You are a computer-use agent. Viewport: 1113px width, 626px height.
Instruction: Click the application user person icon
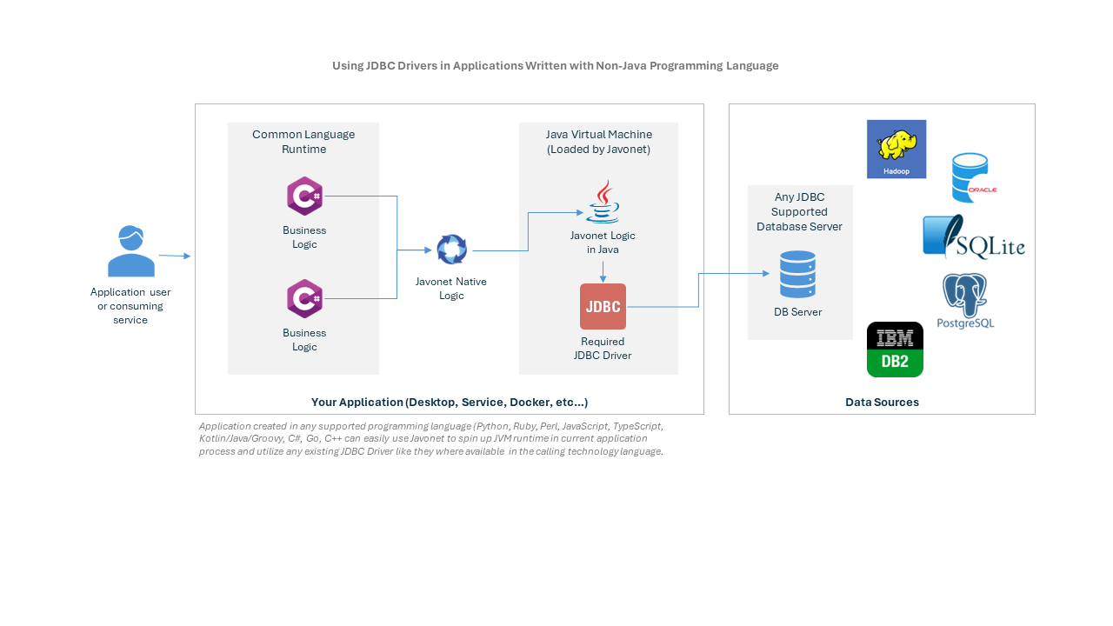[131, 251]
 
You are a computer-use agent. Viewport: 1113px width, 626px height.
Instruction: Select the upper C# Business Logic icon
[304, 196]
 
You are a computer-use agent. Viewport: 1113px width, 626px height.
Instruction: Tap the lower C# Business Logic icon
[304, 298]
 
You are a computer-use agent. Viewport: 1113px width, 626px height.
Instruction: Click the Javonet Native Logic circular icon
[452, 250]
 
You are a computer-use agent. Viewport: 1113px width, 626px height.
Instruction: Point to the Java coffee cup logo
[603, 203]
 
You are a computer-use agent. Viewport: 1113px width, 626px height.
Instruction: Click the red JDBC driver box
[603, 306]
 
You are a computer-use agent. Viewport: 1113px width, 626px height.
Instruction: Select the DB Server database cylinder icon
[797, 274]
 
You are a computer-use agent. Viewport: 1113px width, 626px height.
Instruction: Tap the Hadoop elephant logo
[896, 149]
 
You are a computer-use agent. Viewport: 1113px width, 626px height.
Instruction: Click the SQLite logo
[973, 236]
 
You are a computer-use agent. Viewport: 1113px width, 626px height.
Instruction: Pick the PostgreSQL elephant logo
[965, 301]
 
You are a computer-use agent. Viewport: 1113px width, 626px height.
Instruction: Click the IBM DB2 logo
[895, 350]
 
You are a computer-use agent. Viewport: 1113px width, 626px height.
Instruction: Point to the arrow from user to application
[174, 256]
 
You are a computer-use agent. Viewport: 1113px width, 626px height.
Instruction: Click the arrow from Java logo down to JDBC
[603, 270]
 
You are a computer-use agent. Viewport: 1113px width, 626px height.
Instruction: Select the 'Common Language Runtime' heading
[303, 142]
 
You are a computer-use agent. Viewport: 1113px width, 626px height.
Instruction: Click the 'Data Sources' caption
[882, 403]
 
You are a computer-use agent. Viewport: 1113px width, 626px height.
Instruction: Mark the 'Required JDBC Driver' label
[603, 349]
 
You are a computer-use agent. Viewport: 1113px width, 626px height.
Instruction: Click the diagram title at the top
[556, 66]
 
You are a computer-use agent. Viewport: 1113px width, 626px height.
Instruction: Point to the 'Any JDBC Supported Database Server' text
[799, 211]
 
